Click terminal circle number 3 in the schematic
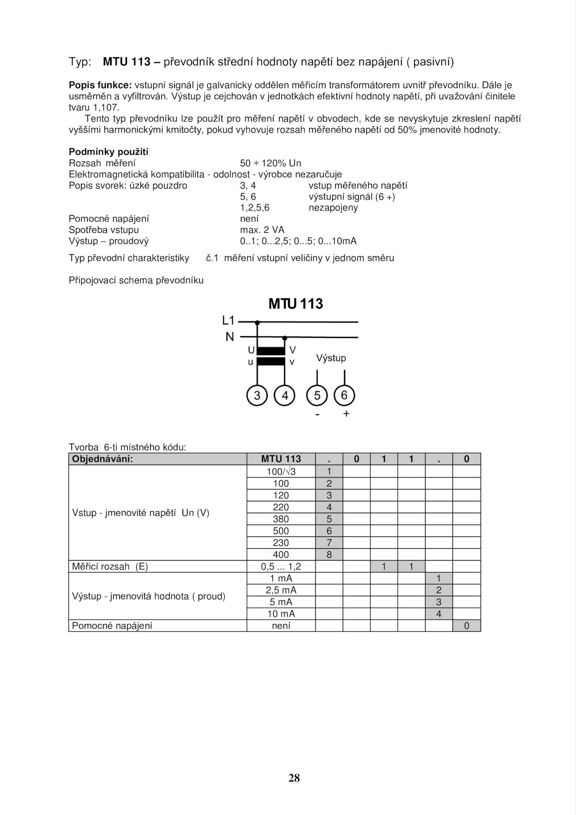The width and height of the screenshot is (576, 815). point(257,396)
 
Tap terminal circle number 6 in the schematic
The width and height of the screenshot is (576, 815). point(345,395)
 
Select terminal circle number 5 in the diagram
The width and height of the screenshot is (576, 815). point(317,396)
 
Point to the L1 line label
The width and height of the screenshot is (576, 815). point(228,320)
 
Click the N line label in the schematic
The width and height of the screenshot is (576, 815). point(230,337)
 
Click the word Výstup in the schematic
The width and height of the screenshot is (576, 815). point(331,358)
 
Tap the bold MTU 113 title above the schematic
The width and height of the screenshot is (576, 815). point(296,304)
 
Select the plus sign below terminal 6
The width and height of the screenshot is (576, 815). point(346,414)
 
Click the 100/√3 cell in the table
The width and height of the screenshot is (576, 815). point(281,471)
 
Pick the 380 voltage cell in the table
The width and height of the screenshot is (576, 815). point(281,519)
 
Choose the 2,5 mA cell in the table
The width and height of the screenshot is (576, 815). point(281,590)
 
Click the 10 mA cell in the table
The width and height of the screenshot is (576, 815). point(281,614)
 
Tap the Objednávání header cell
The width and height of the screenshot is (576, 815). point(103,459)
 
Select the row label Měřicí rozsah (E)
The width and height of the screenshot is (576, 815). point(110,566)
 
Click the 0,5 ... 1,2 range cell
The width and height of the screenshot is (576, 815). point(281,566)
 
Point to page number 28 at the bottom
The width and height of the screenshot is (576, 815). point(294,778)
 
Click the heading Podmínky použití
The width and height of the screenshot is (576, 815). point(108,152)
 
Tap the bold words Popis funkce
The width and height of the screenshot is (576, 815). point(100,85)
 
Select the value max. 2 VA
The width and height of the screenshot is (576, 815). point(262,230)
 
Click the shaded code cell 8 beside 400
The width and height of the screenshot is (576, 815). point(329,555)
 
